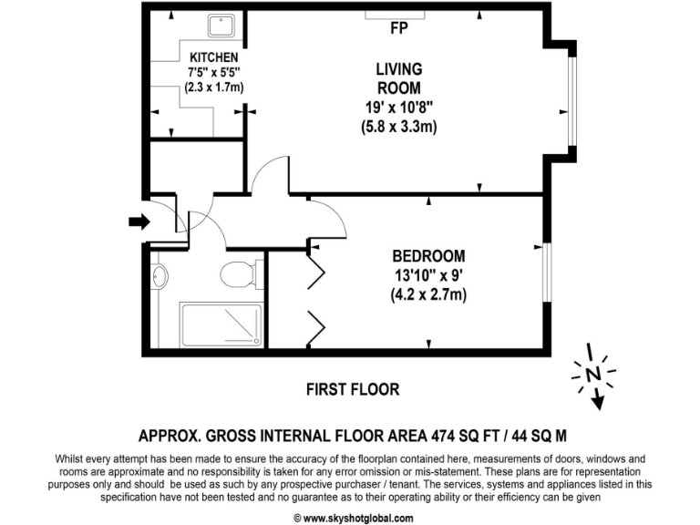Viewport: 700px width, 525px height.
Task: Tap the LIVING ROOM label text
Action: pos(399,78)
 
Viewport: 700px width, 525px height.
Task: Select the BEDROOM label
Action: pos(428,256)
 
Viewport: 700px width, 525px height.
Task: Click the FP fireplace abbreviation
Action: pos(398,28)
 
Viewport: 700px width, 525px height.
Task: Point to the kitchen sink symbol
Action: pos(221,25)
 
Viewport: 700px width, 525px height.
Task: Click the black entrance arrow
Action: pos(139,221)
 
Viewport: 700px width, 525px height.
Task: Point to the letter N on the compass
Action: pos(593,373)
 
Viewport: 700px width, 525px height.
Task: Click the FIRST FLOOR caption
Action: pos(352,389)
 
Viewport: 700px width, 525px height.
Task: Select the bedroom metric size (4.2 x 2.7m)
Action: pos(428,294)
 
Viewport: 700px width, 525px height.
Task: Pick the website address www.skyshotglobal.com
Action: pos(349,516)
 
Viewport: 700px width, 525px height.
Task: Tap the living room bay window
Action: pos(571,101)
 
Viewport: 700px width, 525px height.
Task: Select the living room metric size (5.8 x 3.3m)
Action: pos(399,127)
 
